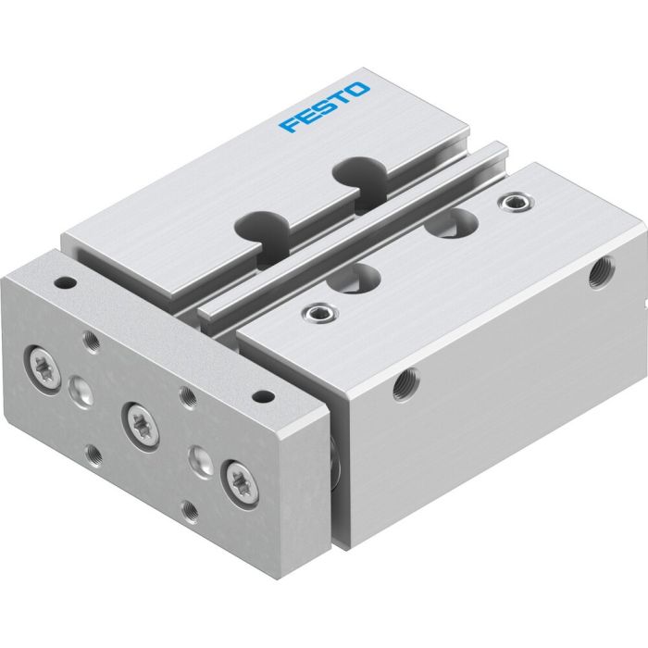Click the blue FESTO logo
tap(325, 107)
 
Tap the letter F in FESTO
tap(290, 123)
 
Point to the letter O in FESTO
tap(359, 90)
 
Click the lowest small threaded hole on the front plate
tap(189, 508)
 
